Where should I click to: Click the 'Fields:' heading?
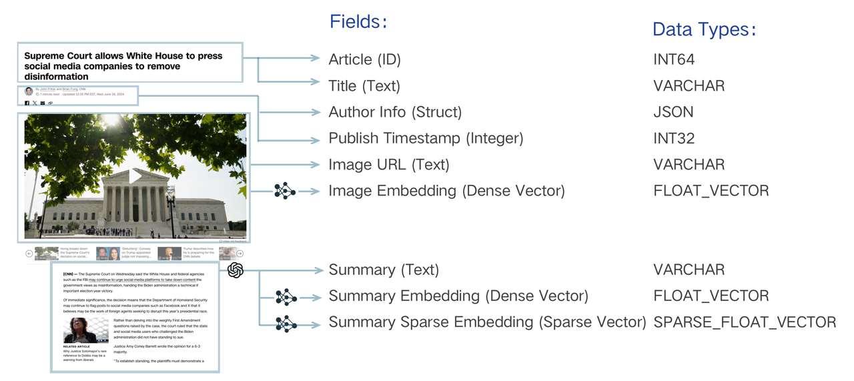(x=358, y=21)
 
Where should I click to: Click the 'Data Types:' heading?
(x=703, y=29)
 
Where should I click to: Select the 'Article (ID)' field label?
(x=364, y=59)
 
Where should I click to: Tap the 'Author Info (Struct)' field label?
(x=395, y=112)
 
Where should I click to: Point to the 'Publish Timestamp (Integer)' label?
(x=426, y=138)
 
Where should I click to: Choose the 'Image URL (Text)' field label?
(x=388, y=165)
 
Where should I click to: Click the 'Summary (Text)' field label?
(x=384, y=270)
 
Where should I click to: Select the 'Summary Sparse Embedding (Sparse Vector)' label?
(x=487, y=322)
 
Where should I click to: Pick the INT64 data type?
(x=674, y=59)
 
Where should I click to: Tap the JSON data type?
(x=673, y=112)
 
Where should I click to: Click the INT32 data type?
(x=674, y=138)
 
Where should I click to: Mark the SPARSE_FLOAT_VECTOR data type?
(x=745, y=322)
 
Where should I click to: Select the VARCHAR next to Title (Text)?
(x=689, y=85)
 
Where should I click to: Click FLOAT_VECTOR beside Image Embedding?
(x=711, y=191)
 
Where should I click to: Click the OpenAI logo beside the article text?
(x=236, y=270)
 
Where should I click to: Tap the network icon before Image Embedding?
(x=285, y=191)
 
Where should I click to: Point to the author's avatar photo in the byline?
(x=29, y=91)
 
